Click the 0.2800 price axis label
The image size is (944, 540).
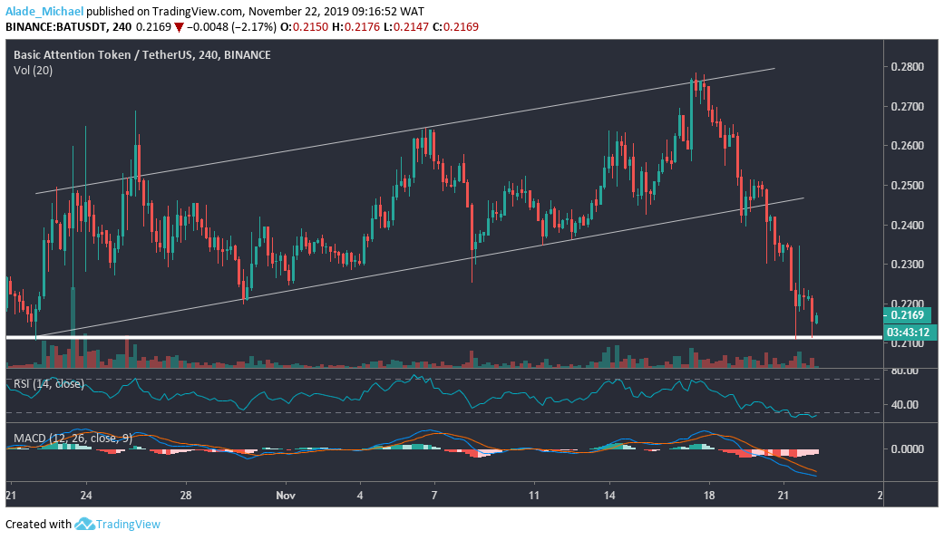[909, 67]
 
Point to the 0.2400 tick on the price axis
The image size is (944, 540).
[909, 225]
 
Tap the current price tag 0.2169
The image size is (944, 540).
[908, 315]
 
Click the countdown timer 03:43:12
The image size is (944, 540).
[908, 332]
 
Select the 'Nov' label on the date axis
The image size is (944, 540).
[287, 496]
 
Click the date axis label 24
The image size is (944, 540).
[86, 496]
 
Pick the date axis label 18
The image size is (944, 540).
[710, 496]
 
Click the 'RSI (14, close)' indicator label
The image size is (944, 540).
[48, 384]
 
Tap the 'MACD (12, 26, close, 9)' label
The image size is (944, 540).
[73, 439]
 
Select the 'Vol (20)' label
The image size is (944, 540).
[33, 70]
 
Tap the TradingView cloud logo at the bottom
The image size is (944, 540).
[86, 524]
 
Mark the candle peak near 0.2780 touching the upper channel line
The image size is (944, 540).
[696, 77]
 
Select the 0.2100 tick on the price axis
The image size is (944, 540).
[909, 343]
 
